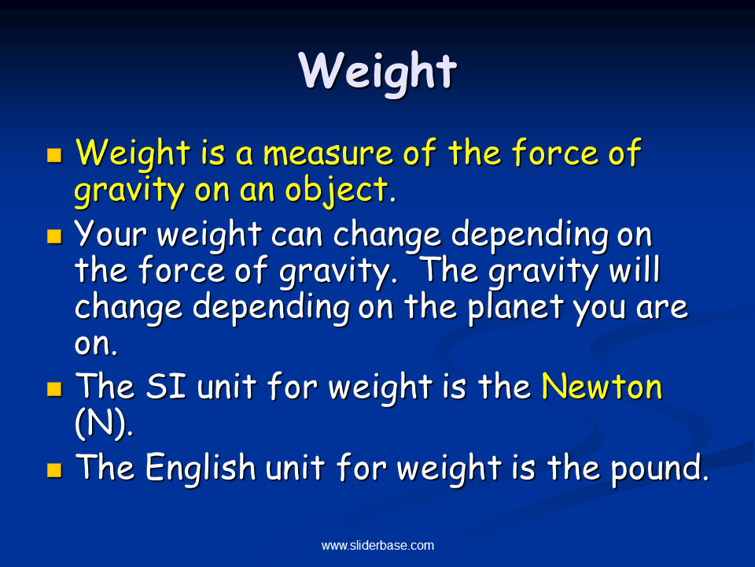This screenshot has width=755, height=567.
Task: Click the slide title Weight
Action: coord(377,72)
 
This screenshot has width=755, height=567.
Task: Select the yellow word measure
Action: coord(328,154)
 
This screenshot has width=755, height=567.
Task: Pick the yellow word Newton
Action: coord(602,387)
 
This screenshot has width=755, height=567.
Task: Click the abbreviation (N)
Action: coord(104,424)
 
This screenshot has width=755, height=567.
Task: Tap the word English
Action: coord(201,468)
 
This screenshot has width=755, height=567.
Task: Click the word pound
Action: coord(660,469)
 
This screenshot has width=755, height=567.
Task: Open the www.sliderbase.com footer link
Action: coord(377,545)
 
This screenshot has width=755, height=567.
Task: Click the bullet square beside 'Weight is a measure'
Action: coord(54,155)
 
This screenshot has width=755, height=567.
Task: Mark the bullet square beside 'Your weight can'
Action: coord(54,236)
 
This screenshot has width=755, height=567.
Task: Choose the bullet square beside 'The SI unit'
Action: coord(54,388)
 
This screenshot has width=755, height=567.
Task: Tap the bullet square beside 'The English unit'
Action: coord(54,469)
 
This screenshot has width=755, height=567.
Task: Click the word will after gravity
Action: coord(634,269)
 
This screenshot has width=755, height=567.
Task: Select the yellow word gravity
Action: coord(129,191)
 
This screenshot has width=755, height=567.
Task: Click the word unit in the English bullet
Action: coord(295,468)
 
